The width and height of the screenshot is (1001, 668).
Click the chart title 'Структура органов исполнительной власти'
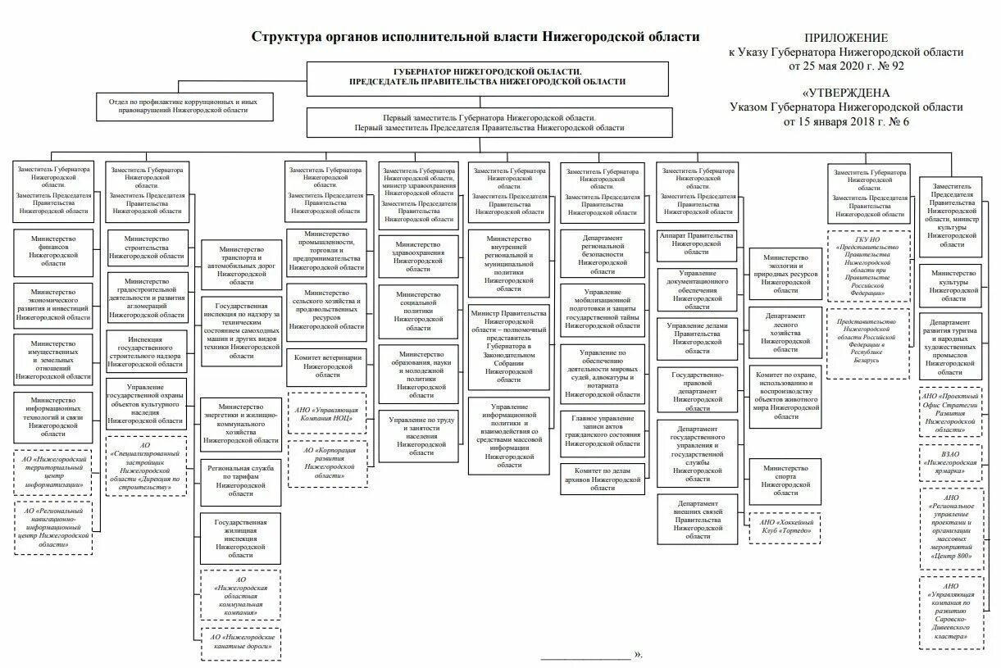[475, 37]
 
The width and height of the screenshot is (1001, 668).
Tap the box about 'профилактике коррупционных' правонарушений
[184, 103]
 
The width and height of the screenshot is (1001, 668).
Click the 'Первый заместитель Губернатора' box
[489, 123]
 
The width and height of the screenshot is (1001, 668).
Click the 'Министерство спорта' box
[785, 481]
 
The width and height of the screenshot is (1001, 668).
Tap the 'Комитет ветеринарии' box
[326, 366]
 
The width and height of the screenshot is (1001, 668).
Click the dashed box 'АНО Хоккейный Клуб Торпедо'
[785, 526]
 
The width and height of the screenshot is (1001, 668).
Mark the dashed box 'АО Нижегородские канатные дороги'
[241, 642]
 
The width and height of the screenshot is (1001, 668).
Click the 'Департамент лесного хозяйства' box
[785, 332]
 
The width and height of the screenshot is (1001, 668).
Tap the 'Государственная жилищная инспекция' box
[241, 538]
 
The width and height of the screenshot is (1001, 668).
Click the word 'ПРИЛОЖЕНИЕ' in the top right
[845, 38]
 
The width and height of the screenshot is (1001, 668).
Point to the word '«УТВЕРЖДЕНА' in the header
[845, 93]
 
